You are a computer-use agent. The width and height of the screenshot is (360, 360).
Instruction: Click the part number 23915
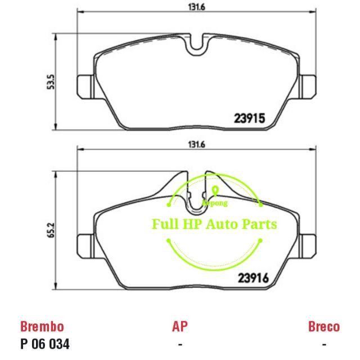pyautogui.click(x=249, y=119)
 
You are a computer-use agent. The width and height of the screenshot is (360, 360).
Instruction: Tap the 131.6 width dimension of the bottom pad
pyautogui.click(x=196, y=145)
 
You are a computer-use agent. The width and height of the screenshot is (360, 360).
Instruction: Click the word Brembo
pyautogui.click(x=42, y=326)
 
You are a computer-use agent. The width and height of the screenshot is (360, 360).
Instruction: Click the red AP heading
pyautogui.click(x=179, y=326)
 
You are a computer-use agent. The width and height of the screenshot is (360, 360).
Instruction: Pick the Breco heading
pyautogui.click(x=323, y=326)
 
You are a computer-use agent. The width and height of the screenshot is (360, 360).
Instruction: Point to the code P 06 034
pyautogui.click(x=45, y=344)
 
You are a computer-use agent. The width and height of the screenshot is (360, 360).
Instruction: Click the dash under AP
pyautogui.click(x=179, y=344)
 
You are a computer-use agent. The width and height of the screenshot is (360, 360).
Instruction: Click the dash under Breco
pyautogui.click(x=323, y=344)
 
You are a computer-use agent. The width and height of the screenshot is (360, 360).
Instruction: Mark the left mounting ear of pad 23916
pyautogui.click(x=84, y=243)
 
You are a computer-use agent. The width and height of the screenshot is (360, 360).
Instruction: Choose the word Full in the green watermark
pyautogui.click(x=164, y=224)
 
